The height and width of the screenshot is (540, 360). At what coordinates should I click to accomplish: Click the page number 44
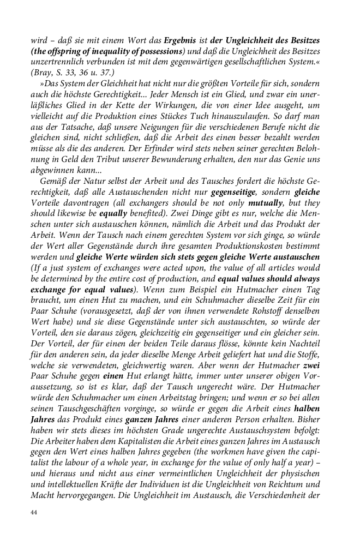(x=34, y=513)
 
